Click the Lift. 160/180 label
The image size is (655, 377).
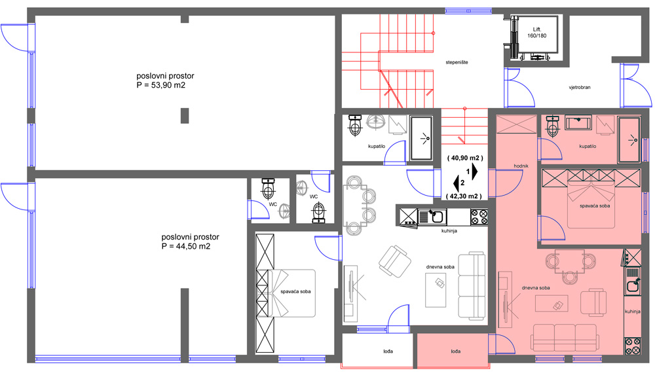[x=537, y=33]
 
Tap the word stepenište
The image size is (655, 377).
[x=457, y=62]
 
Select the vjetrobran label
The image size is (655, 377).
[x=580, y=88]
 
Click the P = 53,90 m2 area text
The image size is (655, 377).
[x=161, y=85]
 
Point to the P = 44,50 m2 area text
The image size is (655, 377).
[x=186, y=246]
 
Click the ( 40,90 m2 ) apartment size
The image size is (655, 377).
[x=465, y=158]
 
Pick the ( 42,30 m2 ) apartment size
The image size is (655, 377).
[x=464, y=196]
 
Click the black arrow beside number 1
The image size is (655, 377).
[x=475, y=171]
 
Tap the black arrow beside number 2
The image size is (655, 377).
[x=456, y=183]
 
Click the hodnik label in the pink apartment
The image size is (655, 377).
[x=521, y=166]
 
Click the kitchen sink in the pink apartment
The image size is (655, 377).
[x=633, y=285]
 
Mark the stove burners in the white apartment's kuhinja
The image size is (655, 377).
[x=479, y=217]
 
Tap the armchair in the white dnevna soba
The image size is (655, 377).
[x=394, y=260]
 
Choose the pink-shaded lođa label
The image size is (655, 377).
[x=456, y=351]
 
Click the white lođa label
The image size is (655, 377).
[x=388, y=351]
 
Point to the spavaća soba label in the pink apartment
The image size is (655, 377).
[x=595, y=206]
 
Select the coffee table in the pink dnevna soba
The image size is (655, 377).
[x=552, y=304]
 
